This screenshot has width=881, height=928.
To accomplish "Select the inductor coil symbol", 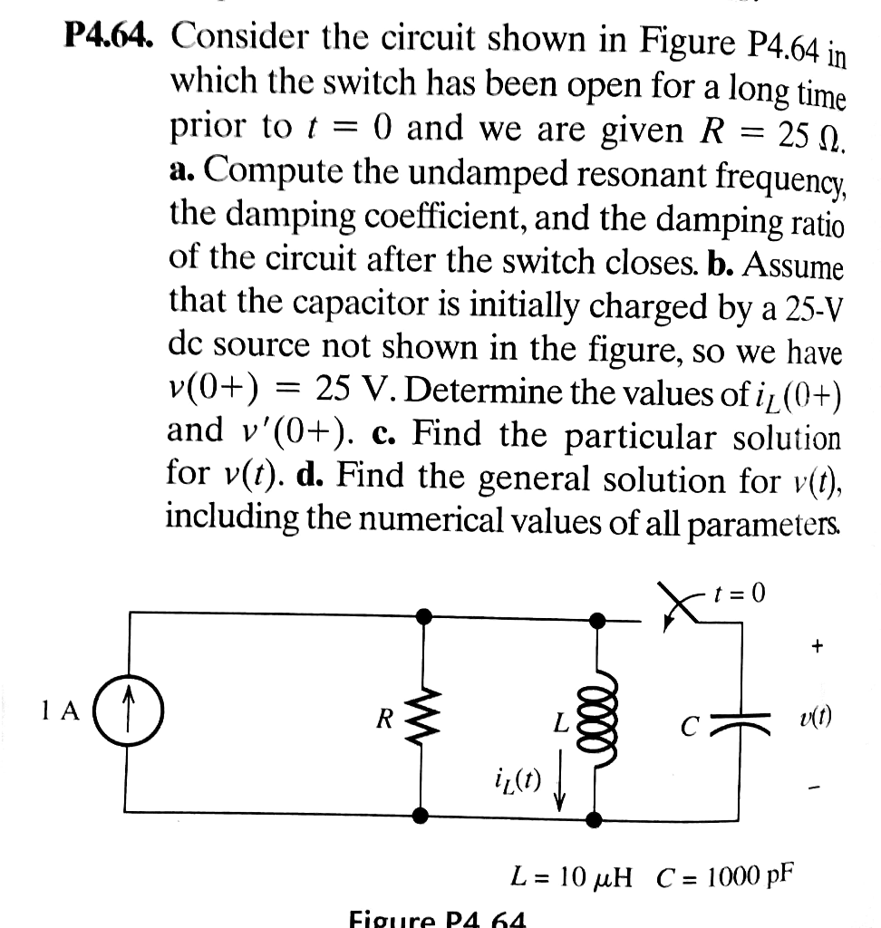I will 599,714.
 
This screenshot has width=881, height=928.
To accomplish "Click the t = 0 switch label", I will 740,594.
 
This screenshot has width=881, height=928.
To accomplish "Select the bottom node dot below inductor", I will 595,818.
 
